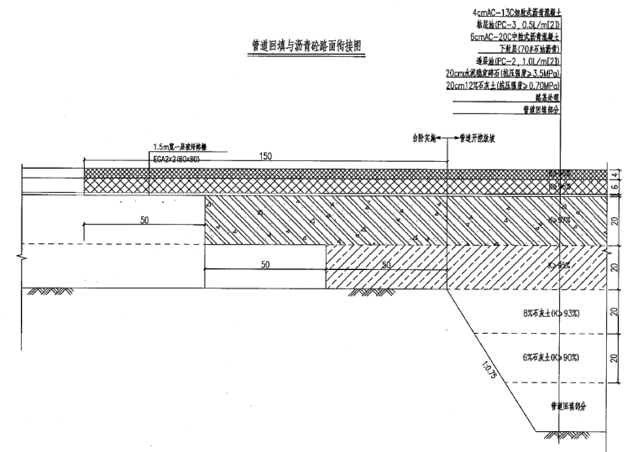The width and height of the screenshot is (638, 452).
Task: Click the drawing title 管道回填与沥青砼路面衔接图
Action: tap(301, 47)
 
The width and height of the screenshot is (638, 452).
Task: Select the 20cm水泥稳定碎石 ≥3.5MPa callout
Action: tap(504, 74)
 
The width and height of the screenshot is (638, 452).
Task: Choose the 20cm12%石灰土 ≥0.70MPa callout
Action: tap(504, 86)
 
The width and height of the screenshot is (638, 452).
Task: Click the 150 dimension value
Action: tap(266, 156)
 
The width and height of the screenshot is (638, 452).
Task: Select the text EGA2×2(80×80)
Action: tap(176, 157)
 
